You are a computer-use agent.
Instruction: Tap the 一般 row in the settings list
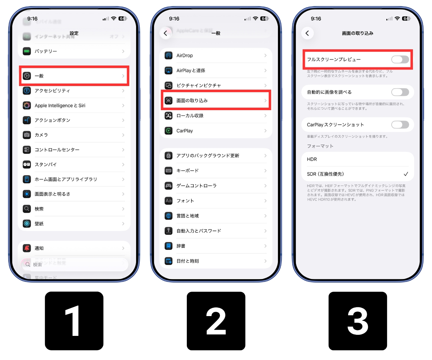[74, 76]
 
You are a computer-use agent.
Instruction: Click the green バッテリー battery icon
[27, 51]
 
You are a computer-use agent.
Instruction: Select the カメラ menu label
[41, 135]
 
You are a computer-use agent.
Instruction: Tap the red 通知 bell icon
[27, 248]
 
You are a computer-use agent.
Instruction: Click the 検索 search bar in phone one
[74, 265]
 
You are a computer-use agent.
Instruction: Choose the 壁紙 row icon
[27, 224]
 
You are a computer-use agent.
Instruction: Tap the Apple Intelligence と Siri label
[60, 105]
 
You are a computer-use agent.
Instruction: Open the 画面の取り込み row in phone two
[216, 100]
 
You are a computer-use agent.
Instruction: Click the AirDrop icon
[168, 55]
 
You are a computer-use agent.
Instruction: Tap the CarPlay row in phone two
[216, 131]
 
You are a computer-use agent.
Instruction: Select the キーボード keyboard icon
[168, 171]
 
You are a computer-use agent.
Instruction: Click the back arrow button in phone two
[165, 33]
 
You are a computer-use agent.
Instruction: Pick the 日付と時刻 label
[188, 261]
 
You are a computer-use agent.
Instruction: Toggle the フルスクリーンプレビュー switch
[400, 59]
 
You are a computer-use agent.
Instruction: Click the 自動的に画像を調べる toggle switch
[400, 92]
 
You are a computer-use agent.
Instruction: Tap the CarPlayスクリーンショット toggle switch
[400, 125]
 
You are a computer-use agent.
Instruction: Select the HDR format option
[312, 159]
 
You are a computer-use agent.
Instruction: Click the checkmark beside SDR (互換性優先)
[406, 174]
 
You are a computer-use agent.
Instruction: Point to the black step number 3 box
[357, 321]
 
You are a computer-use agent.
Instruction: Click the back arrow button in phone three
[307, 33]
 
